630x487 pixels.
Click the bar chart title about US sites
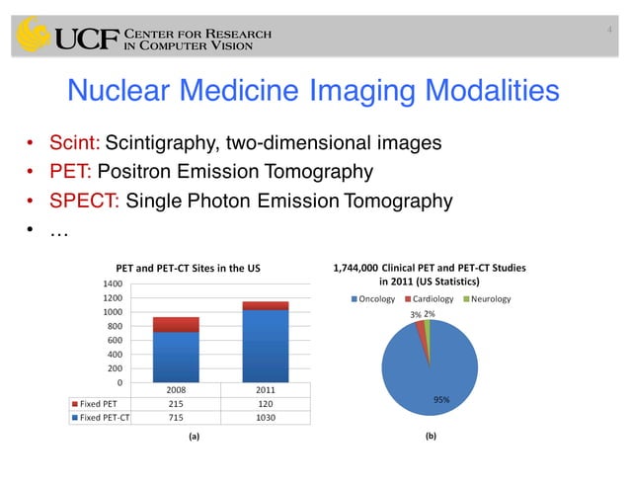click(189, 268)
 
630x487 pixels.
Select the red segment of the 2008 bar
click(176, 324)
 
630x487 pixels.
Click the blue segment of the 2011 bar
click(266, 346)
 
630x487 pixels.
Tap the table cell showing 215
click(176, 403)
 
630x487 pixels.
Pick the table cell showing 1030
click(266, 417)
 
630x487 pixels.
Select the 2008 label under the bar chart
click(176, 389)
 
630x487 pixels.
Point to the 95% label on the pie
click(442, 399)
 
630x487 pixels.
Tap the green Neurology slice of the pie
click(428, 326)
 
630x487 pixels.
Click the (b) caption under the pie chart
click(431, 435)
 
